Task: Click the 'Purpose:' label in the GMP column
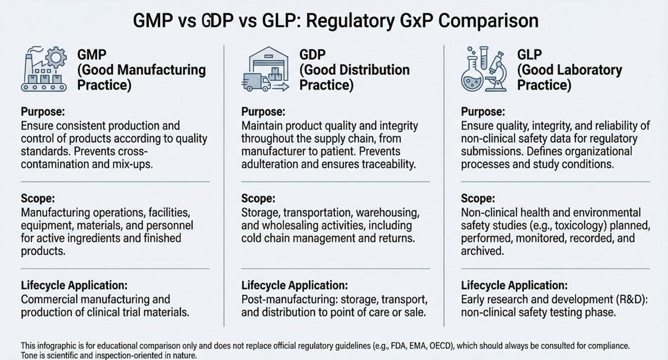pos(43,112)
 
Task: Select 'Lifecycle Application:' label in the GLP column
pos(514,285)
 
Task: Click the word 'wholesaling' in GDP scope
pos(271,225)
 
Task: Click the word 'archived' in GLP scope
pos(483,251)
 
